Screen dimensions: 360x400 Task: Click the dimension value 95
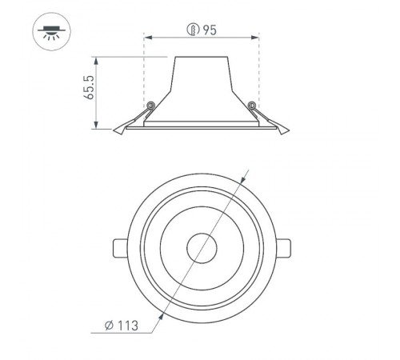[x=210, y=31]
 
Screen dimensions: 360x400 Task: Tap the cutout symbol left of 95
[x=193, y=31]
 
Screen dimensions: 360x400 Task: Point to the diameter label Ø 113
[x=122, y=326]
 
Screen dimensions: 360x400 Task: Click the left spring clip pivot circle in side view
[x=149, y=105]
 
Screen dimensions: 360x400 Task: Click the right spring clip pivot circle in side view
[x=252, y=105]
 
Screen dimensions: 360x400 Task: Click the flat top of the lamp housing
[x=200, y=58]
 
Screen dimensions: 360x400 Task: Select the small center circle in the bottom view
[x=200, y=246]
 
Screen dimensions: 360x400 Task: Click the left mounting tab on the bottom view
[x=117, y=247]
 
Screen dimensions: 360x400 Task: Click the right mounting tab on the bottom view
[x=285, y=247]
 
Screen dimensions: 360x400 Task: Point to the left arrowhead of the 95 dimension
[x=146, y=38]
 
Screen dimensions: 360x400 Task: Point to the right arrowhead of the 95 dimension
[x=256, y=38]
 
